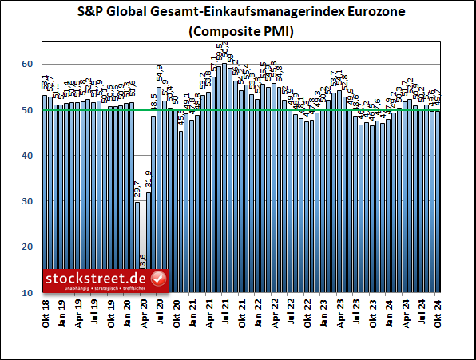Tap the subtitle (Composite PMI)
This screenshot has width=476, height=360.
coord(238,33)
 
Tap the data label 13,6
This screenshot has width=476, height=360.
coord(143,261)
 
